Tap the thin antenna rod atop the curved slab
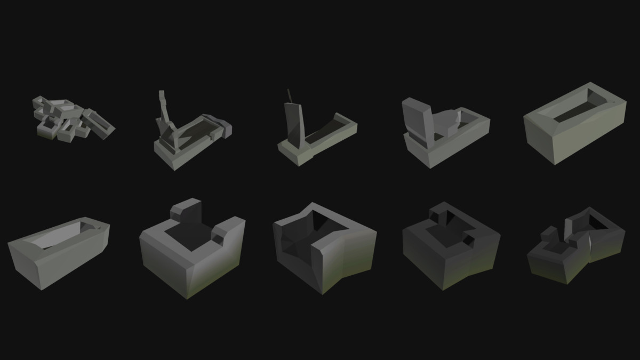tap(290, 95)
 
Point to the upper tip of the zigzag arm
tap(162, 94)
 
